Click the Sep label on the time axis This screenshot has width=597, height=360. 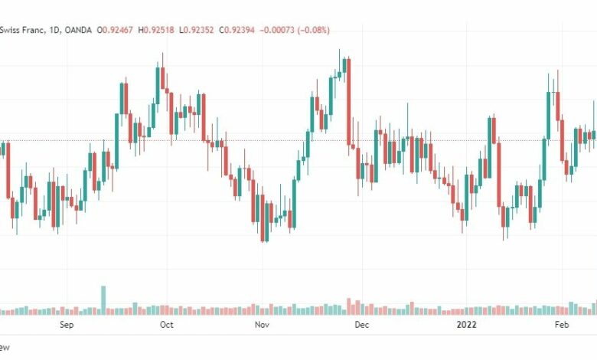click(67, 325)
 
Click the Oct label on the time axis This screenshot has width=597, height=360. click(166, 325)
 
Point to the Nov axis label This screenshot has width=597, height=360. click(262, 325)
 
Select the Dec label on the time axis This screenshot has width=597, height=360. click(362, 325)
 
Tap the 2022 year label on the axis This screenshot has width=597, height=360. click(466, 325)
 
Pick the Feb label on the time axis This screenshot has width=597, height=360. click(562, 325)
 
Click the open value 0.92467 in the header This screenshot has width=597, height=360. click(118, 30)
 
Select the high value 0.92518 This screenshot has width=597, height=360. click(158, 30)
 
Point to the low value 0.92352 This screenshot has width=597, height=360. click(198, 30)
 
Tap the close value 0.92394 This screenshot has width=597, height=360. click(240, 30)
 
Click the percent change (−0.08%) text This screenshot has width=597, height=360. click(313, 30)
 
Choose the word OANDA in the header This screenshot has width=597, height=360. click(78, 30)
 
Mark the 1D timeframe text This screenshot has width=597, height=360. click(54, 30)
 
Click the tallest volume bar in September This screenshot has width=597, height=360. click(103, 300)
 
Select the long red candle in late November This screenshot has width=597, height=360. click(348, 102)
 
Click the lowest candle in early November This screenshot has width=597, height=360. click(263, 218)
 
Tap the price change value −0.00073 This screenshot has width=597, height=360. click(277, 30)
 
